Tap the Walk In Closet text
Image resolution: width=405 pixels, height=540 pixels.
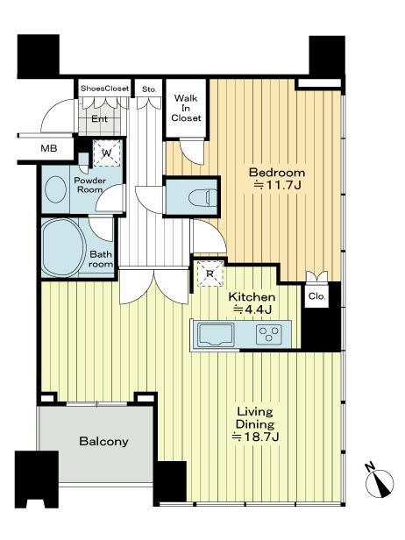(186, 108)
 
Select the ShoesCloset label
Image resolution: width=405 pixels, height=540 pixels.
(104, 89)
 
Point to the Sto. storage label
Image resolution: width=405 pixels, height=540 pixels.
(149, 89)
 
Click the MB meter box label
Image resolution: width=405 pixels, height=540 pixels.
(48, 148)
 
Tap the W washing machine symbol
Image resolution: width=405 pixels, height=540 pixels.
(105, 153)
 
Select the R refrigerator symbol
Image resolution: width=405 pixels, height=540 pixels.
(209, 272)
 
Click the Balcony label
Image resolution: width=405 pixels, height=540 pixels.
(103, 442)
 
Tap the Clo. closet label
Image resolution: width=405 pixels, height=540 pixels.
(316, 297)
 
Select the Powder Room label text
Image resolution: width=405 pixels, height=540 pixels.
(89, 186)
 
